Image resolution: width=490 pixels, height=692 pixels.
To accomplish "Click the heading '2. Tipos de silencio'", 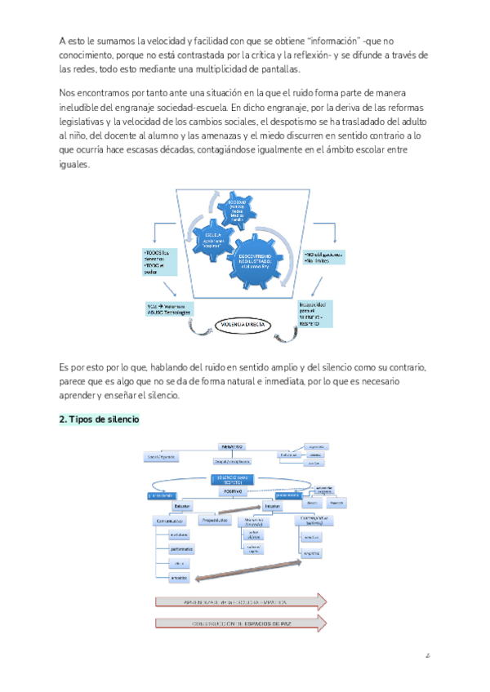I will pyautogui.click(x=99, y=419).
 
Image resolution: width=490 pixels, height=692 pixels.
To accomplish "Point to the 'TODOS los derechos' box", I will pyautogui.click(x=158, y=262).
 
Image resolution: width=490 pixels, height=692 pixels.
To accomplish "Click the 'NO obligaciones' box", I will pyautogui.click(x=321, y=258).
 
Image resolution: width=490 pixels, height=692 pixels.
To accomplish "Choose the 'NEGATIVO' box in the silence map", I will pyautogui.click(x=233, y=447).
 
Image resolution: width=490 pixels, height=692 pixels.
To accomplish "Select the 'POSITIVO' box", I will pyautogui.click(x=232, y=492).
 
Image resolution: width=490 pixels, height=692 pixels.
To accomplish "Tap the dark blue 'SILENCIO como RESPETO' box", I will pyautogui.click(x=233, y=479).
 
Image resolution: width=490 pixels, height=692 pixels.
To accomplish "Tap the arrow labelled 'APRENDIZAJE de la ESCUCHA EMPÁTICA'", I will pyautogui.click(x=240, y=602).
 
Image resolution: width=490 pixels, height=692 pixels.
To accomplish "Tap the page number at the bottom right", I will pyautogui.click(x=427, y=654).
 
